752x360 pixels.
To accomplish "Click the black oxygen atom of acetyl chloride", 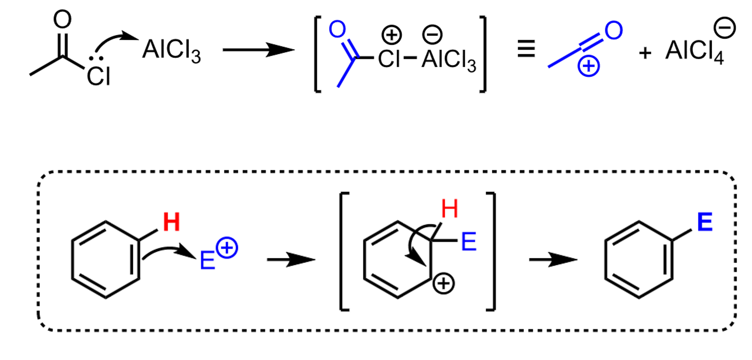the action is (x=62, y=19).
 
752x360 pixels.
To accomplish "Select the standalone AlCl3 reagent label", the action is (x=171, y=51).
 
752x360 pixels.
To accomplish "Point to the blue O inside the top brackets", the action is (x=337, y=30).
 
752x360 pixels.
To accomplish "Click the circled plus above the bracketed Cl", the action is (x=392, y=35).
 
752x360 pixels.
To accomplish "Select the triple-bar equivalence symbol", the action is (x=526, y=48).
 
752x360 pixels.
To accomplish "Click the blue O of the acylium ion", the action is (x=614, y=30).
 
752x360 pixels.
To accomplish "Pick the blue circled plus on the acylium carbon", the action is (x=589, y=66).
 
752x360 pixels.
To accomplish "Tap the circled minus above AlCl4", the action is (x=725, y=28).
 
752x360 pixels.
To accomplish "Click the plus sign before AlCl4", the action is (x=645, y=52).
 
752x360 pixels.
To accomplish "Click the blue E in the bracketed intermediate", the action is (x=469, y=242).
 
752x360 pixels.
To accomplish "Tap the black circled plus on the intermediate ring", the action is (x=443, y=284).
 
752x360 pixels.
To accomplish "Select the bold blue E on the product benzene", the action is (x=705, y=222).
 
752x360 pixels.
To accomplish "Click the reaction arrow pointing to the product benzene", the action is (x=553, y=260).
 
